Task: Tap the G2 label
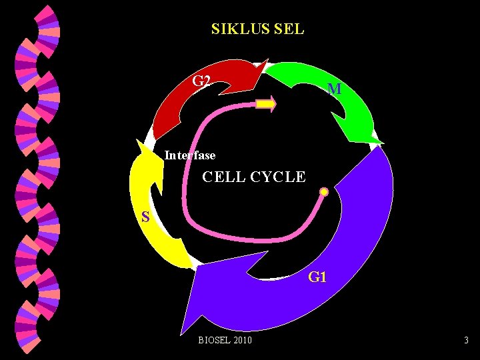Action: point(201,82)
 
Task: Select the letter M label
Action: point(335,89)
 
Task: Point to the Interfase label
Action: point(190,155)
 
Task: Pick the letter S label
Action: point(145,217)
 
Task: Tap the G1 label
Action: point(317,277)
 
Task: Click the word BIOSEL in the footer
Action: point(213,341)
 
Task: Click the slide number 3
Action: point(467,341)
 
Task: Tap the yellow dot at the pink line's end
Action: point(324,193)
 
